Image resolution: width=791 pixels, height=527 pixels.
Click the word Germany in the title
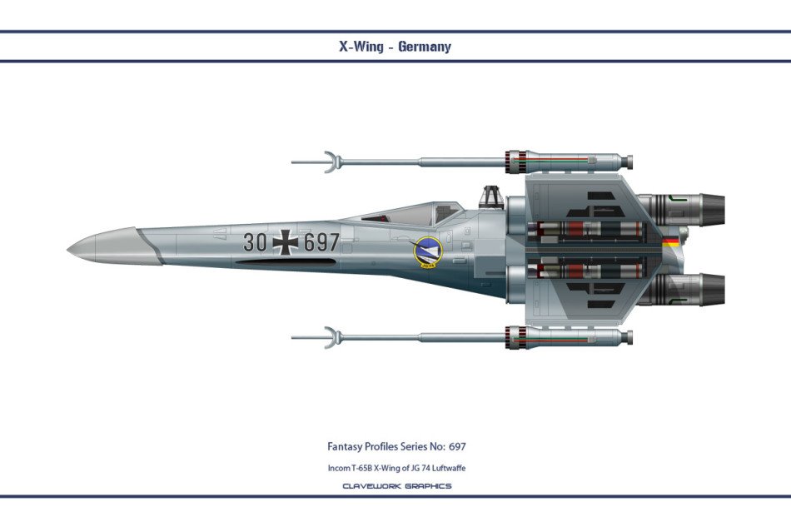pyautogui.click(x=425, y=47)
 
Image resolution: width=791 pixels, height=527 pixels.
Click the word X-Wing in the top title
pyautogui.click(x=361, y=47)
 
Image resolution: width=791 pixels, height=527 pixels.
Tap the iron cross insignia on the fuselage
pyautogui.click(x=286, y=242)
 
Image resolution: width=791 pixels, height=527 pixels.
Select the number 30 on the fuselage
pyautogui.click(x=255, y=242)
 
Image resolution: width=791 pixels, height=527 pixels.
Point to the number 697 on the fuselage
pyautogui.click(x=321, y=242)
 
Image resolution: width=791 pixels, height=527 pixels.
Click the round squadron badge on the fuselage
pyautogui.click(x=427, y=252)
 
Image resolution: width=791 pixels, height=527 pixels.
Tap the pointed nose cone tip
pyautogui.click(x=68, y=249)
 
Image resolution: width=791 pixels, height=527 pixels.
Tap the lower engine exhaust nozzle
pyautogui.click(x=709, y=290)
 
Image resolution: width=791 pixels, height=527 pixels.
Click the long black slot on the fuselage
pyautogui.click(x=286, y=261)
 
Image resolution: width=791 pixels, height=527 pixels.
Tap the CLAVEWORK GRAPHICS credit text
pyautogui.click(x=397, y=486)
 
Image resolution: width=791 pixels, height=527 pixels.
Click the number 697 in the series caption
pyautogui.click(x=457, y=446)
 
